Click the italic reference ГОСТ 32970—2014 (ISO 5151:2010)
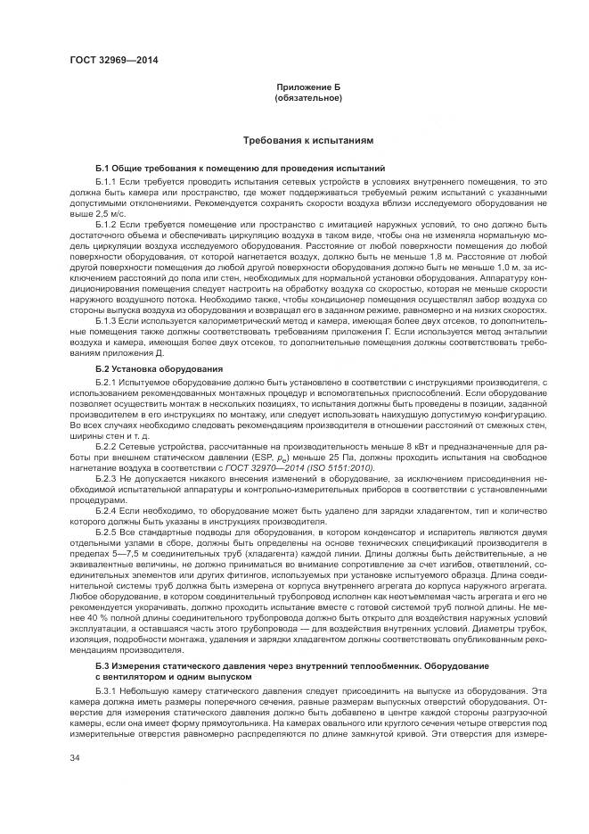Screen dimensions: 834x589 [x=306, y=467]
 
